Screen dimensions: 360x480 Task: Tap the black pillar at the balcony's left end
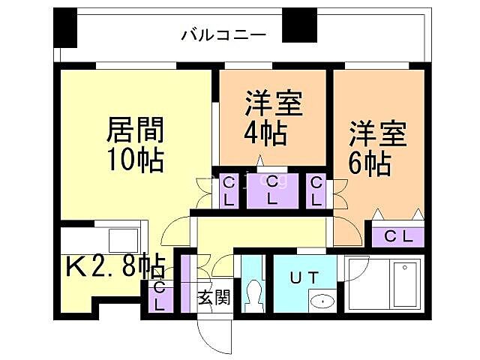[65, 28]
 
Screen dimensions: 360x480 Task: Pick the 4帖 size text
[265, 133]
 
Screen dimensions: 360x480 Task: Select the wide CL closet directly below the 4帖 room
[273, 190]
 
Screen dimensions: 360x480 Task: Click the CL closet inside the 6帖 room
[397, 235]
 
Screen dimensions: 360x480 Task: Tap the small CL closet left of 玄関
[160, 296]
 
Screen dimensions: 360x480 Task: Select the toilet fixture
[253, 292]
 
